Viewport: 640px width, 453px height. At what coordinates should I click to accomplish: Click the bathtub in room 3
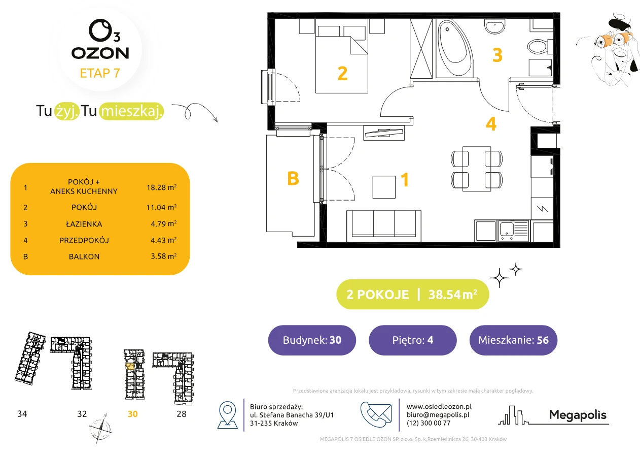[x=454, y=48]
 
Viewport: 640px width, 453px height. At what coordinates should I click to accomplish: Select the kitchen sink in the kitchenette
[x=513, y=231]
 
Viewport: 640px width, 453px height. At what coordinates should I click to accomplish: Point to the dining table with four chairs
[x=477, y=169]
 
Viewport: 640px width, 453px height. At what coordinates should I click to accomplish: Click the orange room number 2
[x=343, y=74]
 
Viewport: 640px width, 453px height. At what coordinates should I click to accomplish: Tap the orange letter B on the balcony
[x=293, y=179]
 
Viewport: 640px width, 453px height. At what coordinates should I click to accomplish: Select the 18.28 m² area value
[x=161, y=187]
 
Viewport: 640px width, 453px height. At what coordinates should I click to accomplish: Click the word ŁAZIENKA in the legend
[x=84, y=224]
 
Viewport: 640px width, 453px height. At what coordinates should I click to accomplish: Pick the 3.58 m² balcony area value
[x=163, y=256]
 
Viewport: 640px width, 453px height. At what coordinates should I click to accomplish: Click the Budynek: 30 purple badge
[x=312, y=340]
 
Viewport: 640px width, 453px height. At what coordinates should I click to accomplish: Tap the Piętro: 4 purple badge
[x=413, y=340]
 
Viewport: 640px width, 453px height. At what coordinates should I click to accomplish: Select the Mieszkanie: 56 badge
[x=513, y=340]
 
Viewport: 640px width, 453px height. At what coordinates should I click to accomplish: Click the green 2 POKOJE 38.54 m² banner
[x=412, y=294]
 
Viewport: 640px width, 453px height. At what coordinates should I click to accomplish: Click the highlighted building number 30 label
[x=132, y=414]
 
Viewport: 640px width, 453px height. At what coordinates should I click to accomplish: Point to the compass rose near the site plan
[x=100, y=429]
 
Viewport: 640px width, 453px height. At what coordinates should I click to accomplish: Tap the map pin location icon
[x=227, y=415]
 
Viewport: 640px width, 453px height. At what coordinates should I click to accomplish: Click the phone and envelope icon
[x=376, y=414]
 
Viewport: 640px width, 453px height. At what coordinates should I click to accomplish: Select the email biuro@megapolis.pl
[x=438, y=414]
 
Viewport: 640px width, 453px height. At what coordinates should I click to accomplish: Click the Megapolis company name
[x=578, y=415]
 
